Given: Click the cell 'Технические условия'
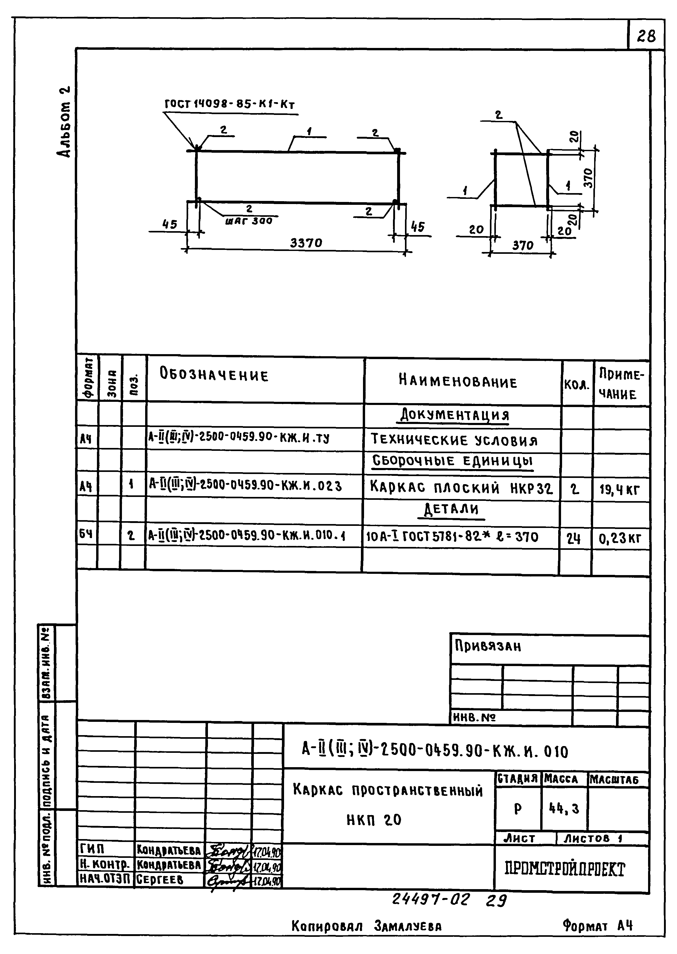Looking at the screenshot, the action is point(454,440).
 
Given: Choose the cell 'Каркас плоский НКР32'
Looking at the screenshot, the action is point(461,487).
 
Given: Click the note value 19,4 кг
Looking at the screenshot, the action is point(619,489).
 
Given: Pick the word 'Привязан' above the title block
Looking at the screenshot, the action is point(488,647).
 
